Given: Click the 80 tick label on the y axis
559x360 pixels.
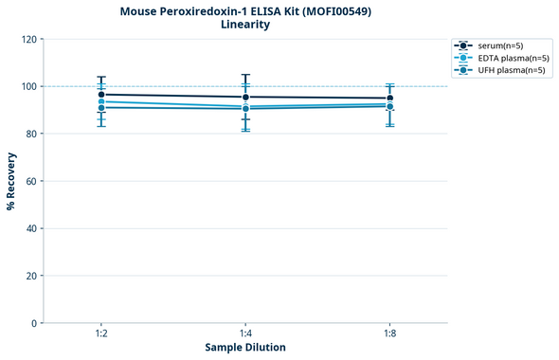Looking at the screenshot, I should coord(30,135).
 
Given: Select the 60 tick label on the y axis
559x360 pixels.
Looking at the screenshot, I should coord(30,182).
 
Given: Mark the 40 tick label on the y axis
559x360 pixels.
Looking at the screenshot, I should coord(30,228).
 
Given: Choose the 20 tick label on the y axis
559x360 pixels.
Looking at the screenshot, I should coord(30,276).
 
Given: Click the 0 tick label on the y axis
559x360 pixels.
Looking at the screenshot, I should coord(33,323).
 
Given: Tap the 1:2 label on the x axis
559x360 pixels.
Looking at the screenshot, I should coord(101,334).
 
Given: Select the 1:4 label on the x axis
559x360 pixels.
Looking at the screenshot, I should coord(245,334).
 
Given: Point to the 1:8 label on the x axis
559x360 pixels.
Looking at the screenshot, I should coord(389,334).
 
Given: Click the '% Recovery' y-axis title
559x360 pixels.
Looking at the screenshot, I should coord(11,181).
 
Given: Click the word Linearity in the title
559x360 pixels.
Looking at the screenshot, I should coord(244,25).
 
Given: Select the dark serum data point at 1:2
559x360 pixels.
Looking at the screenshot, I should coord(101,95).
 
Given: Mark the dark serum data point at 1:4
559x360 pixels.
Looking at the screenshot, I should coord(245,98).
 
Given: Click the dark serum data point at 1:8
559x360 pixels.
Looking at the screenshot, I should coord(389,99).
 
